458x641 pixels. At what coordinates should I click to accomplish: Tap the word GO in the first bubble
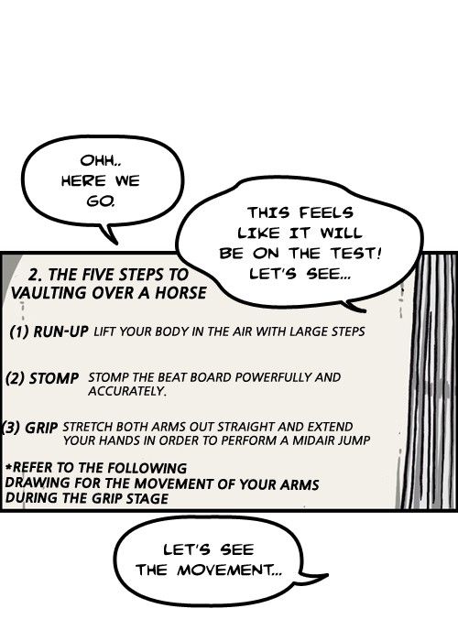(99, 201)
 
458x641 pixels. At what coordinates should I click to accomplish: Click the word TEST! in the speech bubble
(355, 254)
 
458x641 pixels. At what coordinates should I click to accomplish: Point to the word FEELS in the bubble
(325, 212)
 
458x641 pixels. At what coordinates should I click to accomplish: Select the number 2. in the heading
(35, 275)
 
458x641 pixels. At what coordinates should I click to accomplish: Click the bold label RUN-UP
(60, 331)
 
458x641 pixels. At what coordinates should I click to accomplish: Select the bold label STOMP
(53, 378)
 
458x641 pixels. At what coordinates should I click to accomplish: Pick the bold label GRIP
(41, 428)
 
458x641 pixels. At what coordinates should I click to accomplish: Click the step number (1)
(19, 331)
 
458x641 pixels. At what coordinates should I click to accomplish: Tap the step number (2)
(16, 378)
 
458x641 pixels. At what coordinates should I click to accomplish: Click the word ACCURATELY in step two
(126, 391)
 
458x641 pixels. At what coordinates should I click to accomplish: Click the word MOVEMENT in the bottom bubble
(229, 570)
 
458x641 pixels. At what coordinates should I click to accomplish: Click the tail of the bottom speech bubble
(315, 577)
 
